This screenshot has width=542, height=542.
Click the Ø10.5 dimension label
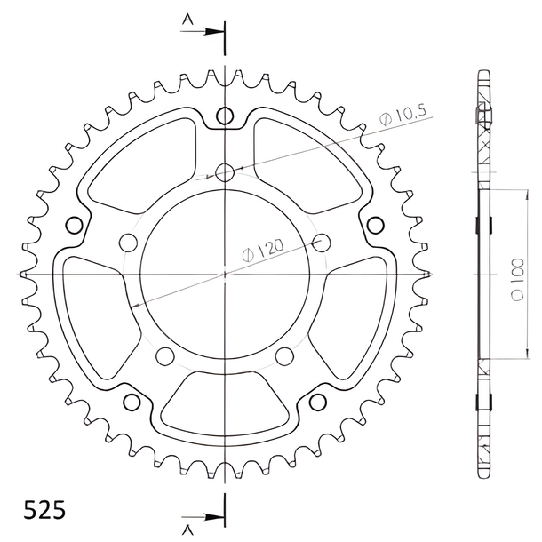403,115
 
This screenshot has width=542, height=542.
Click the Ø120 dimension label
263,250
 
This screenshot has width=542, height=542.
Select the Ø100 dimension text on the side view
517,279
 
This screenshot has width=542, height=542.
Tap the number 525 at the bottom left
44,510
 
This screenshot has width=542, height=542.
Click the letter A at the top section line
187,20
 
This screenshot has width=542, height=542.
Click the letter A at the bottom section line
187,529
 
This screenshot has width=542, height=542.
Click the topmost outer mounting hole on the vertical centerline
225,116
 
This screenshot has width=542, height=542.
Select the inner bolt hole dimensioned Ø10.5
225,172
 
